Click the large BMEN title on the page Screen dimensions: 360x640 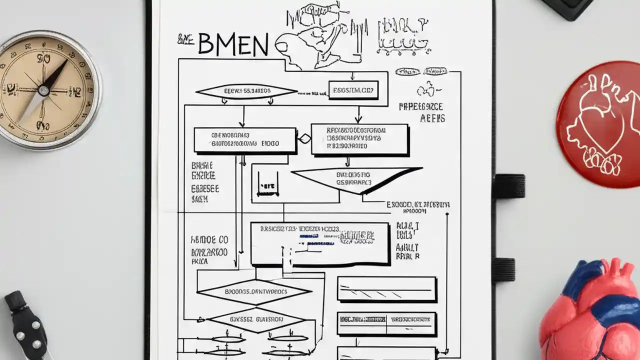coord(233,44)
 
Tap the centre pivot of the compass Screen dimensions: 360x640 coord(44,90)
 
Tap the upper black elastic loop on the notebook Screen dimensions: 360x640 coord(509,186)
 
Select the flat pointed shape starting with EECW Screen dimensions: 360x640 coord(246,91)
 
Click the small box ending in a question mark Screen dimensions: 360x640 coord(352,90)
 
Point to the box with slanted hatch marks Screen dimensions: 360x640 coord(386,289)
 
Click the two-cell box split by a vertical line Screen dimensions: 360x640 coord(386,323)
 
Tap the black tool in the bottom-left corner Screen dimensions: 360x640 coord(27,325)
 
